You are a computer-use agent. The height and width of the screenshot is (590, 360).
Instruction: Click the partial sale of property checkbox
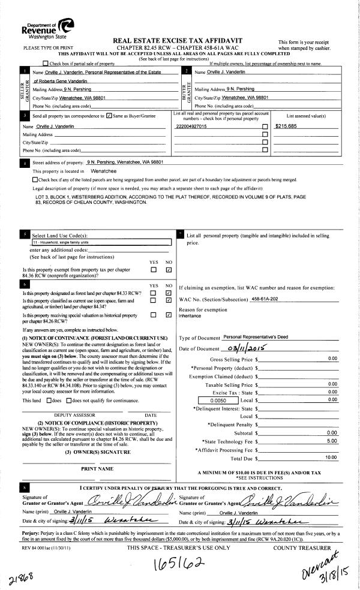pos(46,63)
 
